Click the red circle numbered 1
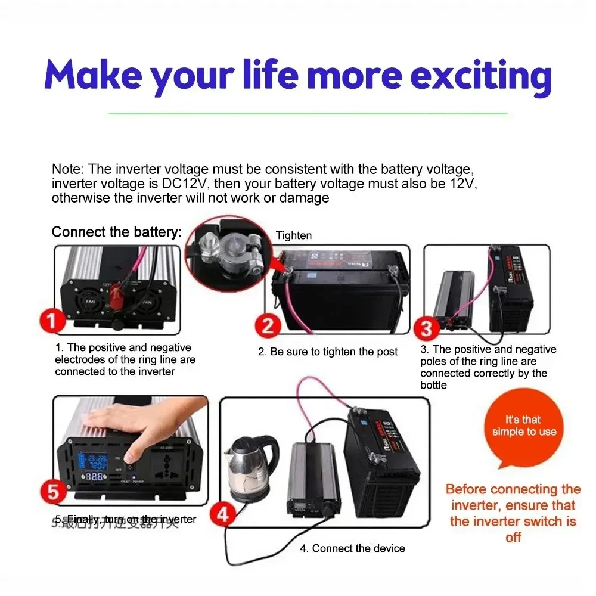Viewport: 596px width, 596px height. tap(54, 321)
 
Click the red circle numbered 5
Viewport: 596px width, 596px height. tap(55, 492)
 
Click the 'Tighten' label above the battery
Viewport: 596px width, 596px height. tap(293, 236)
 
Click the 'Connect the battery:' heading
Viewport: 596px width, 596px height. tap(117, 232)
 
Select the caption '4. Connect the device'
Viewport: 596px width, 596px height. tap(352, 548)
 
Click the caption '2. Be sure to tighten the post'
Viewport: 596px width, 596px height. tap(328, 352)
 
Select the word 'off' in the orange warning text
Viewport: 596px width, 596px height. tap(513, 537)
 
